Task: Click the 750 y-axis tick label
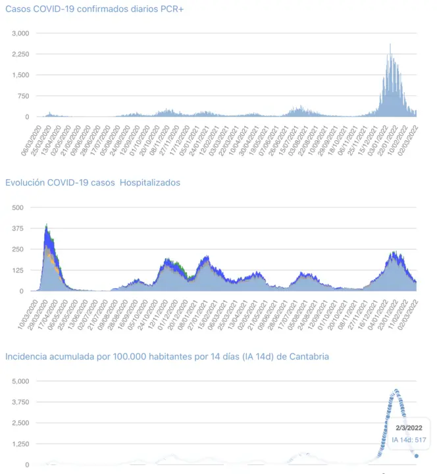pos(23,96)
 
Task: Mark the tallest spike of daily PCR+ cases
pos(390,45)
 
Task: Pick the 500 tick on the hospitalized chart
pos(18,207)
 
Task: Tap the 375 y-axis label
pos(18,228)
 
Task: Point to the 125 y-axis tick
pos(18,270)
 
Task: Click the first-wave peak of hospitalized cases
pos(46,225)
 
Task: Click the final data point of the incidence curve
pos(416,456)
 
